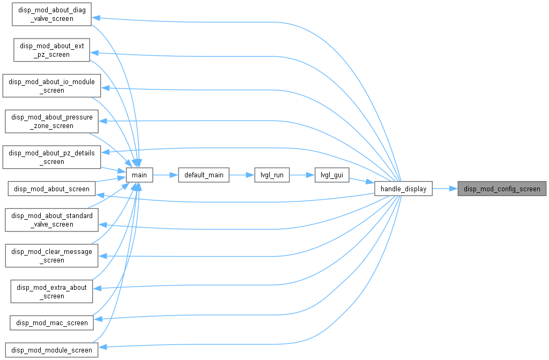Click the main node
tap(139, 175)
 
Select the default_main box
tap(204, 175)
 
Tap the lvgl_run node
tap(272, 175)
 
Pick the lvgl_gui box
tap(332, 175)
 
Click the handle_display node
tap(403, 189)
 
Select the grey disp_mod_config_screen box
tap(502, 189)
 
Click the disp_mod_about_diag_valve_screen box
tap(52, 14)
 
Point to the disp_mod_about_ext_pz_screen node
tap(52, 50)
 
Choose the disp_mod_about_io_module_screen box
tap(52, 86)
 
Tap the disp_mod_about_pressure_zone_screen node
tap(52, 122)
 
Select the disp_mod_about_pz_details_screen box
tap(52, 157)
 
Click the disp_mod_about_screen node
tap(52, 189)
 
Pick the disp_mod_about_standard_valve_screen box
tap(52, 220)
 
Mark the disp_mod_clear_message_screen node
tap(52, 256)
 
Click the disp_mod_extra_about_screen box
tap(52, 291)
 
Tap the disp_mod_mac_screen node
tap(52, 322)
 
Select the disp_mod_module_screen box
tap(52, 350)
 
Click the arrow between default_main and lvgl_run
tap(242, 175)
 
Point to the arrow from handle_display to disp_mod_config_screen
tap(445, 189)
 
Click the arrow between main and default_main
tap(166, 175)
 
